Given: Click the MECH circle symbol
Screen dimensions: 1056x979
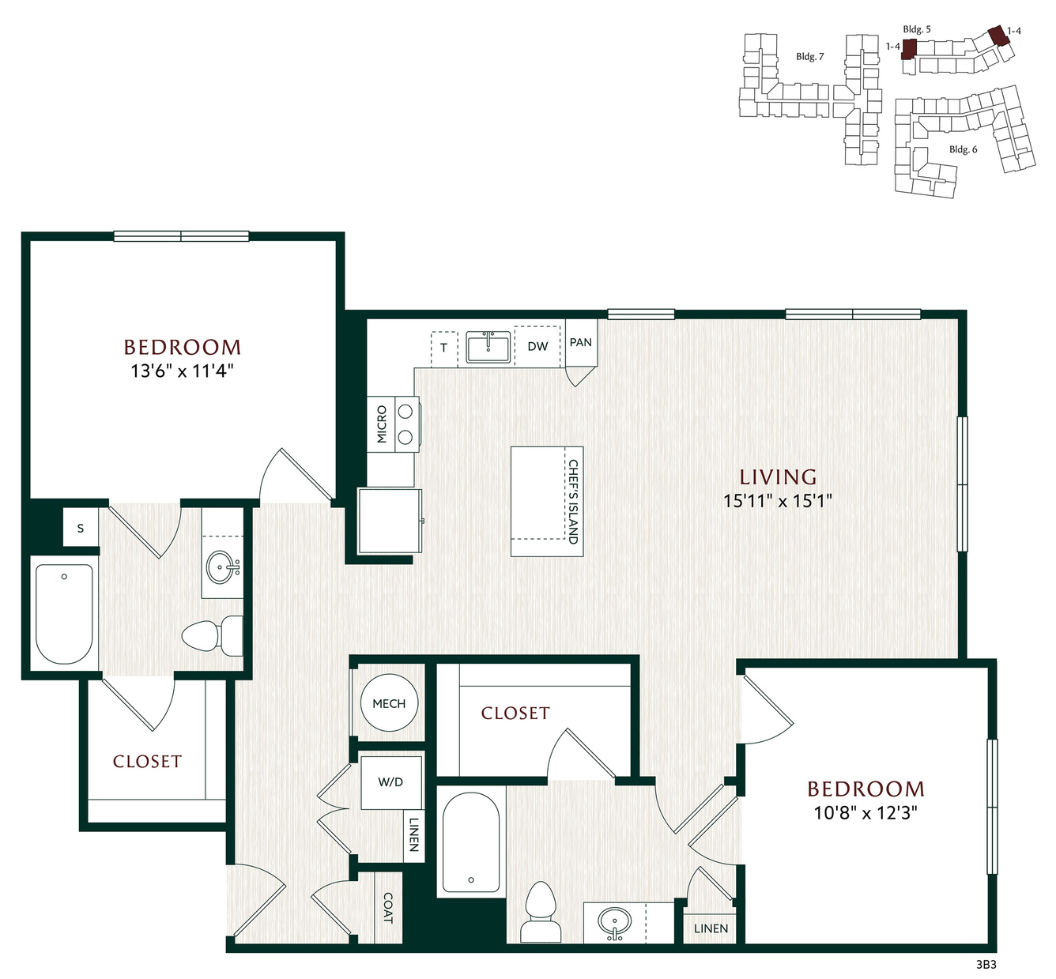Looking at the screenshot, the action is coord(389,702).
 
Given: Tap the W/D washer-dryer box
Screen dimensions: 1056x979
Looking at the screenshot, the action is coord(390,782).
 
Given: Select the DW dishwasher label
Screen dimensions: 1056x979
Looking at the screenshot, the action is coord(537,346).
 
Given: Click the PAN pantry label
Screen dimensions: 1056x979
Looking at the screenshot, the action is coord(581,342).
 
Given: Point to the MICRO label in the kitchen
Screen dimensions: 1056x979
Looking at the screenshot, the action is coord(382,424).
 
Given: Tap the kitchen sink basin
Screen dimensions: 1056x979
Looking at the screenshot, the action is coord(488,347).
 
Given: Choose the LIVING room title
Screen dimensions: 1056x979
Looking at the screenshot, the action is coord(778,477).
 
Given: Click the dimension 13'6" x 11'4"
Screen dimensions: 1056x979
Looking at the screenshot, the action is coord(183,371).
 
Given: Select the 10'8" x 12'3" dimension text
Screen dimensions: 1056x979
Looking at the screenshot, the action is coord(866,812).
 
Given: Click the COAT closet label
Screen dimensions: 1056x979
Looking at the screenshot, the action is coord(388,908).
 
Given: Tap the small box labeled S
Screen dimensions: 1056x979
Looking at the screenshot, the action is coord(81,528).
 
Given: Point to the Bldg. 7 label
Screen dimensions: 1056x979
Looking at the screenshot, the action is coord(810,56).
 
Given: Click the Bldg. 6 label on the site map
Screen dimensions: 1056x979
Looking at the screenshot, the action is coord(963,149).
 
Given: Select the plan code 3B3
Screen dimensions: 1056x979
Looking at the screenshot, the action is coord(986,964).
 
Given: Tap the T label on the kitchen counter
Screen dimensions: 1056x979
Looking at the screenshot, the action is coord(444,348).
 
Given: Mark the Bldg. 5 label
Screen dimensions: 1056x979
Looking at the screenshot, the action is coord(917,29).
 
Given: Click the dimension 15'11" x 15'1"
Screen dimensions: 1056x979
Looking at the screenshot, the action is coord(778,501).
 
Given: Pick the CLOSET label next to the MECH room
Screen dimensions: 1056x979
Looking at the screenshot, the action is coord(515,713).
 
